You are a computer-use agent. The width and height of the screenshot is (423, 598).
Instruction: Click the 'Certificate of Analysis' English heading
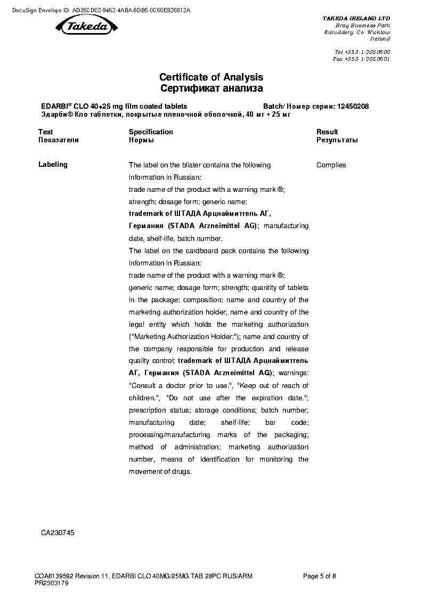tap(211, 78)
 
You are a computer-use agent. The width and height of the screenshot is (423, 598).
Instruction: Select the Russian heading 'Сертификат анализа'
tap(211, 88)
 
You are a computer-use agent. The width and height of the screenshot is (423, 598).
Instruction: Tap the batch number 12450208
tap(353, 107)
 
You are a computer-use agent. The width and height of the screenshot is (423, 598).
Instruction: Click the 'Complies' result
tap(331, 165)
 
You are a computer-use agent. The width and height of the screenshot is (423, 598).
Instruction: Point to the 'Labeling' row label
tap(53, 165)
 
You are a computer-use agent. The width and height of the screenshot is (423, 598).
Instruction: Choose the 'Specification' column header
tap(151, 132)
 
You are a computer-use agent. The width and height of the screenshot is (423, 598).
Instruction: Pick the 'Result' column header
tap(327, 132)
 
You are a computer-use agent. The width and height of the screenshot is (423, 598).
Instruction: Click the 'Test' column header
tap(46, 132)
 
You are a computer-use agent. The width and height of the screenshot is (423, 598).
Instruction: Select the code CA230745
tap(58, 532)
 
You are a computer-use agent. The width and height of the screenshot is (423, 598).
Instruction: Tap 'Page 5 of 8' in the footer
tap(319, 576)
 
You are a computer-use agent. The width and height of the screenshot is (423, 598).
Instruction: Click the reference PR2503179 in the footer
tap(52, 583)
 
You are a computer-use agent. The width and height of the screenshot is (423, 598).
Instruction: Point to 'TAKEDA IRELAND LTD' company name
tap(356, 18)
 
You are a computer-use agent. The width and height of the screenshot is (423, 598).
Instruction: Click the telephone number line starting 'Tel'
tap(362, 52)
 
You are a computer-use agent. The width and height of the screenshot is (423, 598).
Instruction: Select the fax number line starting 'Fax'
tap(361, 59)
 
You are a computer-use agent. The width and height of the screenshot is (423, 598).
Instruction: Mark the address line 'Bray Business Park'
tap(362, 25)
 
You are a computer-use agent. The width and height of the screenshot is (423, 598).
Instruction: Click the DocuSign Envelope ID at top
tap(101, 10)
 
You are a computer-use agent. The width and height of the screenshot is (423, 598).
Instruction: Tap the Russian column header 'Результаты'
tap(337, 140)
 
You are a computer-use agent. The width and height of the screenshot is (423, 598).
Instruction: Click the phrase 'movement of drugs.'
tap(160, 472)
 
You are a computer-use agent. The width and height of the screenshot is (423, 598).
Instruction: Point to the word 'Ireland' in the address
tap(380, 39)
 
